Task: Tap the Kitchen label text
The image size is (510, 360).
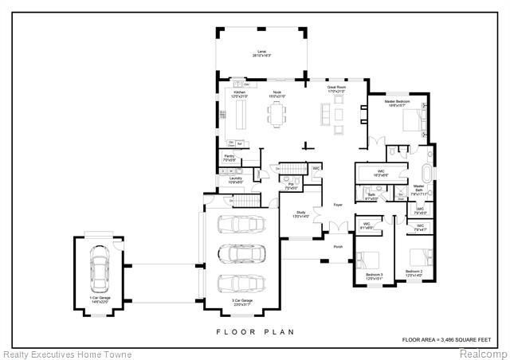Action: [240, 93]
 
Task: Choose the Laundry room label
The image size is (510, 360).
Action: [234, 180]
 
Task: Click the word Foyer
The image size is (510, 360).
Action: [336, 205]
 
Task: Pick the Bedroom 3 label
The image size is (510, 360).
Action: [374, 276]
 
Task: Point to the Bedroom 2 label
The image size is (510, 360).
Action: [414, 272]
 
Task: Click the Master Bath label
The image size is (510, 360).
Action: [418, 190]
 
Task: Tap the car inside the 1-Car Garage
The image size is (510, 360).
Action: [100, 268]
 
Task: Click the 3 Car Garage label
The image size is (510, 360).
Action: [240, 303]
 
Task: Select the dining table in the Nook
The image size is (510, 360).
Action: [277, 116]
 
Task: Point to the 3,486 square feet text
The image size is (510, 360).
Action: [451, 340]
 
